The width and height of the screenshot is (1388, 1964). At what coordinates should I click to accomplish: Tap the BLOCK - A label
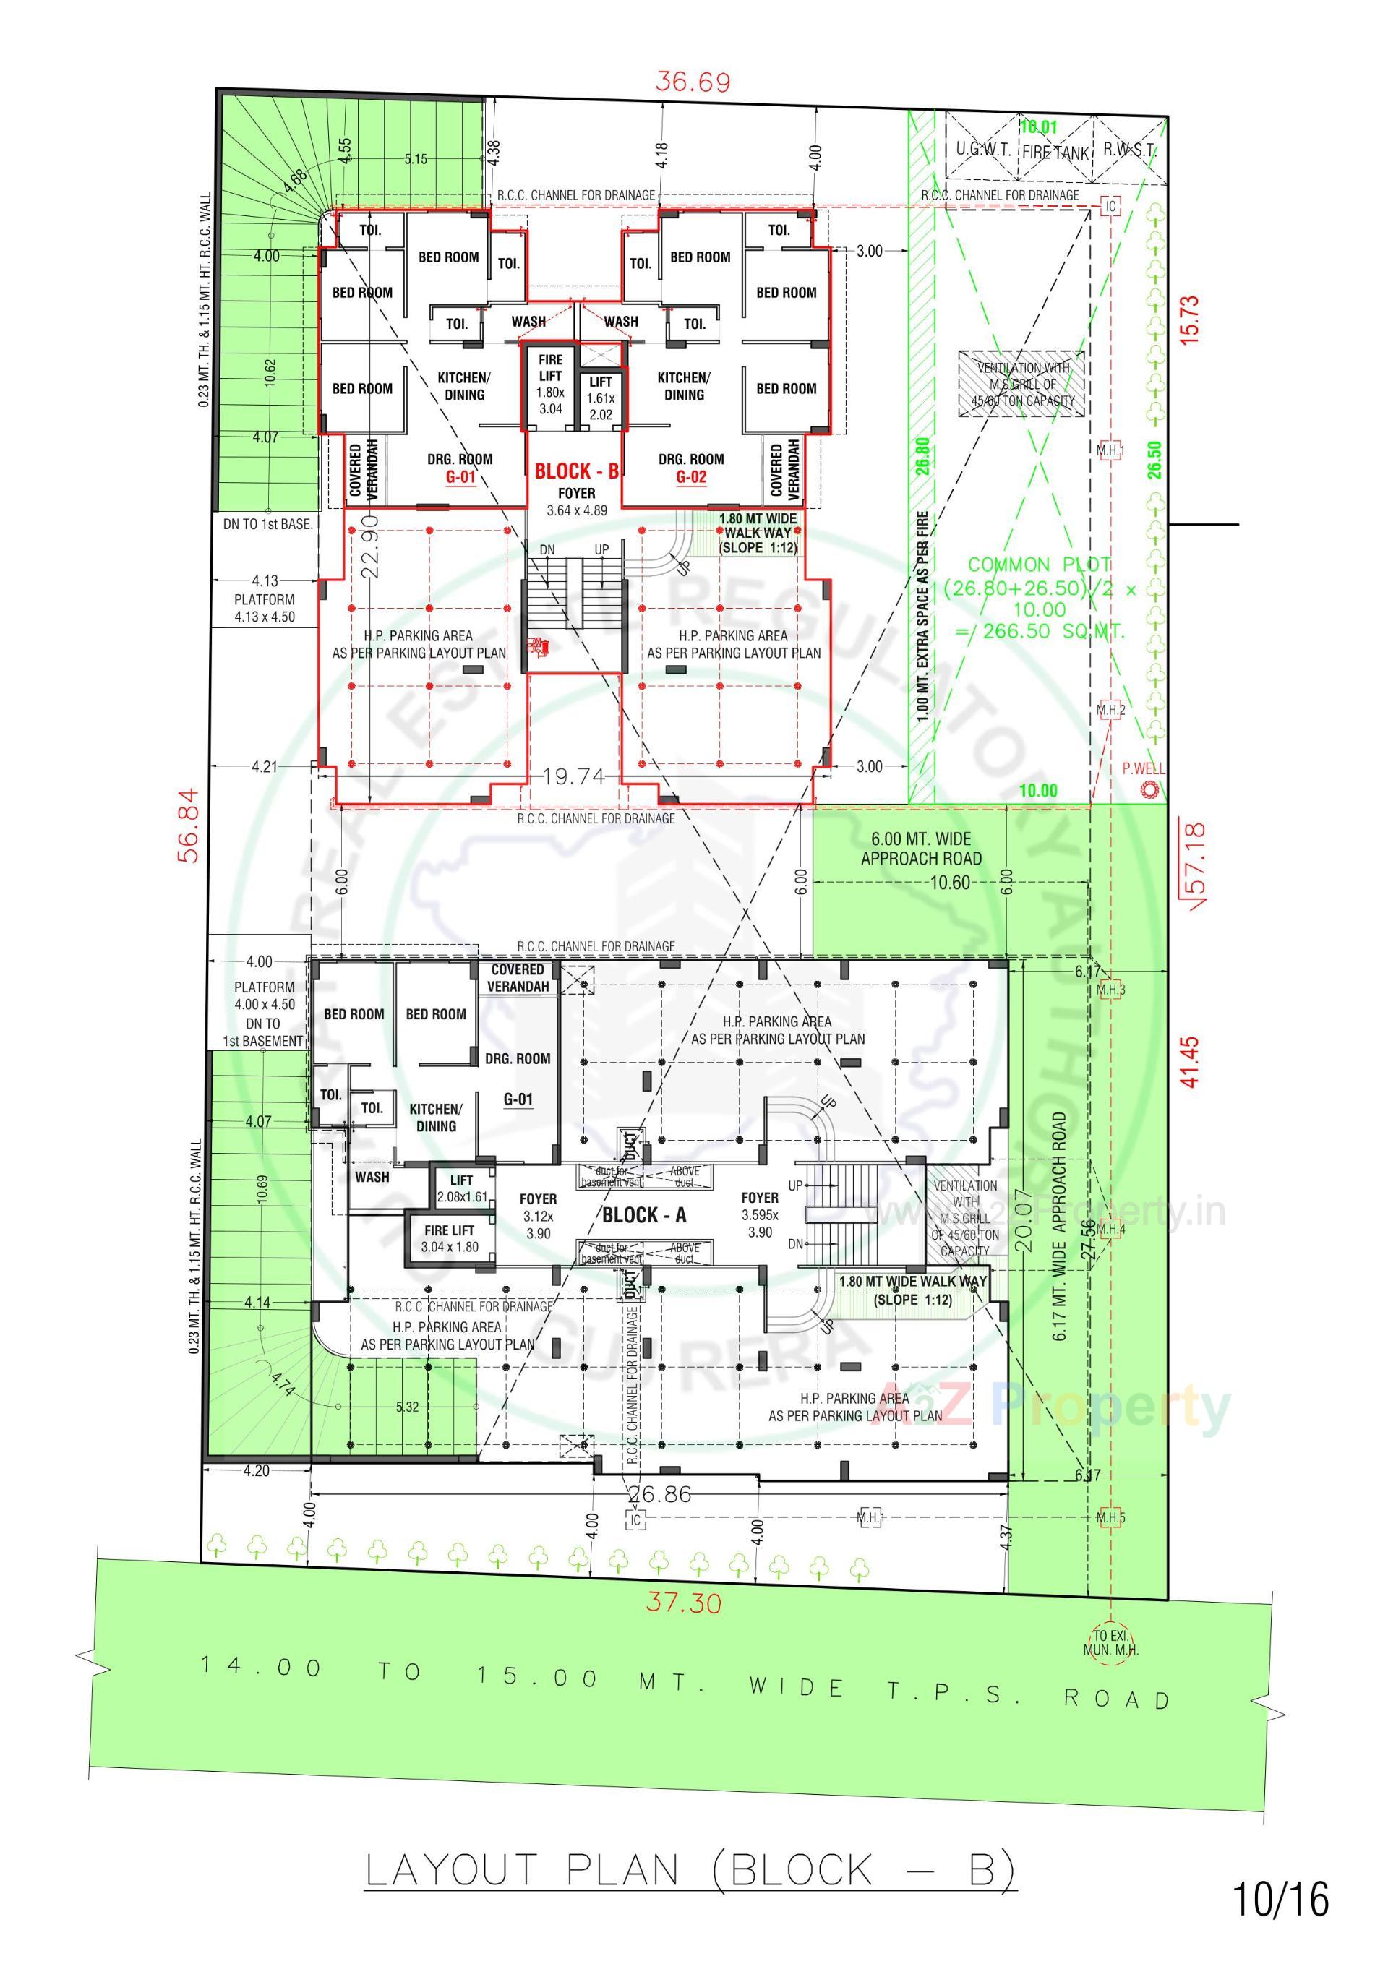[x=643, y=1214]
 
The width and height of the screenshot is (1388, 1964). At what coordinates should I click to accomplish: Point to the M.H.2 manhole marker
[x=1110, y=710]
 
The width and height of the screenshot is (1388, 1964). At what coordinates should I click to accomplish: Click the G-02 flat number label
[x=690, y=476]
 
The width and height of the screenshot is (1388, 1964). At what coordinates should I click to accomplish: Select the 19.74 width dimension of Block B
[x=573, y=776]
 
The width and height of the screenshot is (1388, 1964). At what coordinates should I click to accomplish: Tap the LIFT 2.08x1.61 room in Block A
[x=461, y=1189]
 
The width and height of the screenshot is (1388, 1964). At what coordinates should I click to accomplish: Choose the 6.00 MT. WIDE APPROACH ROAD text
[x=921, y=849]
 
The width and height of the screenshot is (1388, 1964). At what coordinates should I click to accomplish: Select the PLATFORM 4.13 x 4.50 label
[x=265, y=607]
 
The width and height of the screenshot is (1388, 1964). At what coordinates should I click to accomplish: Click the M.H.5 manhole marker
[x=1110, y=1518]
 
